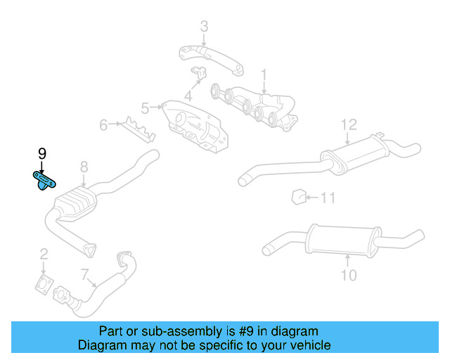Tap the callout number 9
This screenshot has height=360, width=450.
41,153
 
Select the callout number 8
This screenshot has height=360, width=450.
84,167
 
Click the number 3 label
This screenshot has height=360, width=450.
204,27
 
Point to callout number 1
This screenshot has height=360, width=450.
264,74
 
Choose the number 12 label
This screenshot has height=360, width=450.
349,124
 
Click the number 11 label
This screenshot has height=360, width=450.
328,198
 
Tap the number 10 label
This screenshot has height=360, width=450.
349,274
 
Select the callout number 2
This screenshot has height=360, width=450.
44,255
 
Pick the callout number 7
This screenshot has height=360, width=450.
84,274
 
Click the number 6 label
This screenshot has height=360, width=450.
103,126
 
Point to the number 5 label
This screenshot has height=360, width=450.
145,108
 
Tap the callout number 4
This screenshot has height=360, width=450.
188,96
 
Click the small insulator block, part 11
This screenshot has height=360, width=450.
298,196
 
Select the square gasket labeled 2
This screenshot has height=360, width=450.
44,284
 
